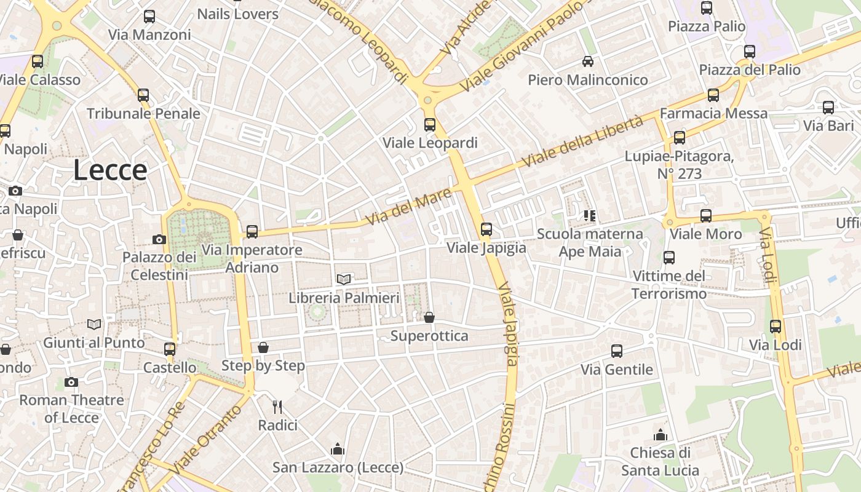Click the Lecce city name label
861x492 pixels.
110,170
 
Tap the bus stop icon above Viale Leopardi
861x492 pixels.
429,125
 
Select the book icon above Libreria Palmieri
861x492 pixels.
344,279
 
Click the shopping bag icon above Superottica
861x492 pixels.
429,317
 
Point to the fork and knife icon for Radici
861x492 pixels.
277,407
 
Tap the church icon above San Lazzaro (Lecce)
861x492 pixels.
337,450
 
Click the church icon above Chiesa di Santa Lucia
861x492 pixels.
661,435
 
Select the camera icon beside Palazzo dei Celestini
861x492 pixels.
159,239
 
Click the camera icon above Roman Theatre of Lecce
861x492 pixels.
71,382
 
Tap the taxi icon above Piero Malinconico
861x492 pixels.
588,61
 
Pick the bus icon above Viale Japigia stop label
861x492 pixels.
486,229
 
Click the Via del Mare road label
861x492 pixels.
408,207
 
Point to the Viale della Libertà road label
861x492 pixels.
582,141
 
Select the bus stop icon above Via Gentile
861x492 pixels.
617,351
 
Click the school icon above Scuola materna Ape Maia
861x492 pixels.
590,215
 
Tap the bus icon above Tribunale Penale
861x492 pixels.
143,95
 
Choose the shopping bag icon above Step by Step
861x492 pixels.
263,347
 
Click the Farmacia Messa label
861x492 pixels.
713,113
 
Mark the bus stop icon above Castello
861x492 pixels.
170,349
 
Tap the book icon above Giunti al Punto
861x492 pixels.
94,324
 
